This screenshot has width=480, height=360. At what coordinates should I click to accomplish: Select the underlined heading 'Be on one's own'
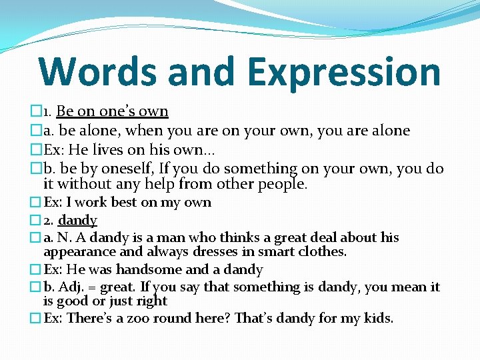point(112,111)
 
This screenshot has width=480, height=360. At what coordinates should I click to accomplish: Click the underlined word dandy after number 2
point(78,220)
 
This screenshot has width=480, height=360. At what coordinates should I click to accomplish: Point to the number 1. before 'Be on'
point(47,112)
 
